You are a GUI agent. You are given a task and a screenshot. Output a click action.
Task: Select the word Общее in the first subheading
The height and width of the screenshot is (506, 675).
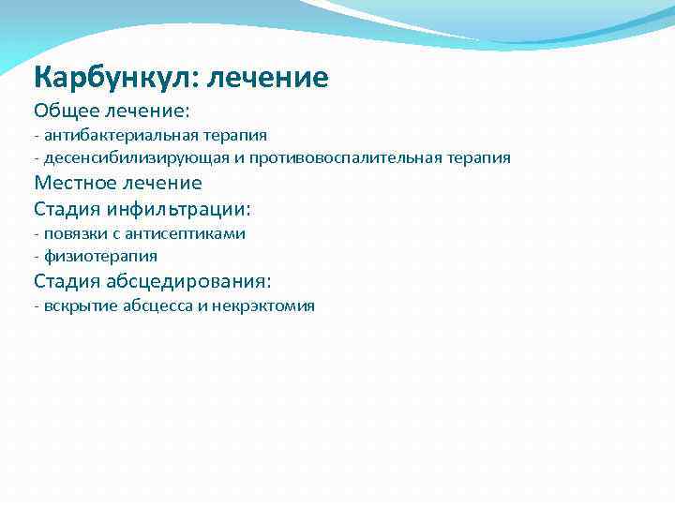click(66, 112)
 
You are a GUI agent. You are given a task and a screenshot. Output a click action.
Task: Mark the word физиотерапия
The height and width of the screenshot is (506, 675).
click(100, 255)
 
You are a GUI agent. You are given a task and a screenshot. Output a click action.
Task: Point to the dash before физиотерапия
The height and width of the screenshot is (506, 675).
click(36, 255)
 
